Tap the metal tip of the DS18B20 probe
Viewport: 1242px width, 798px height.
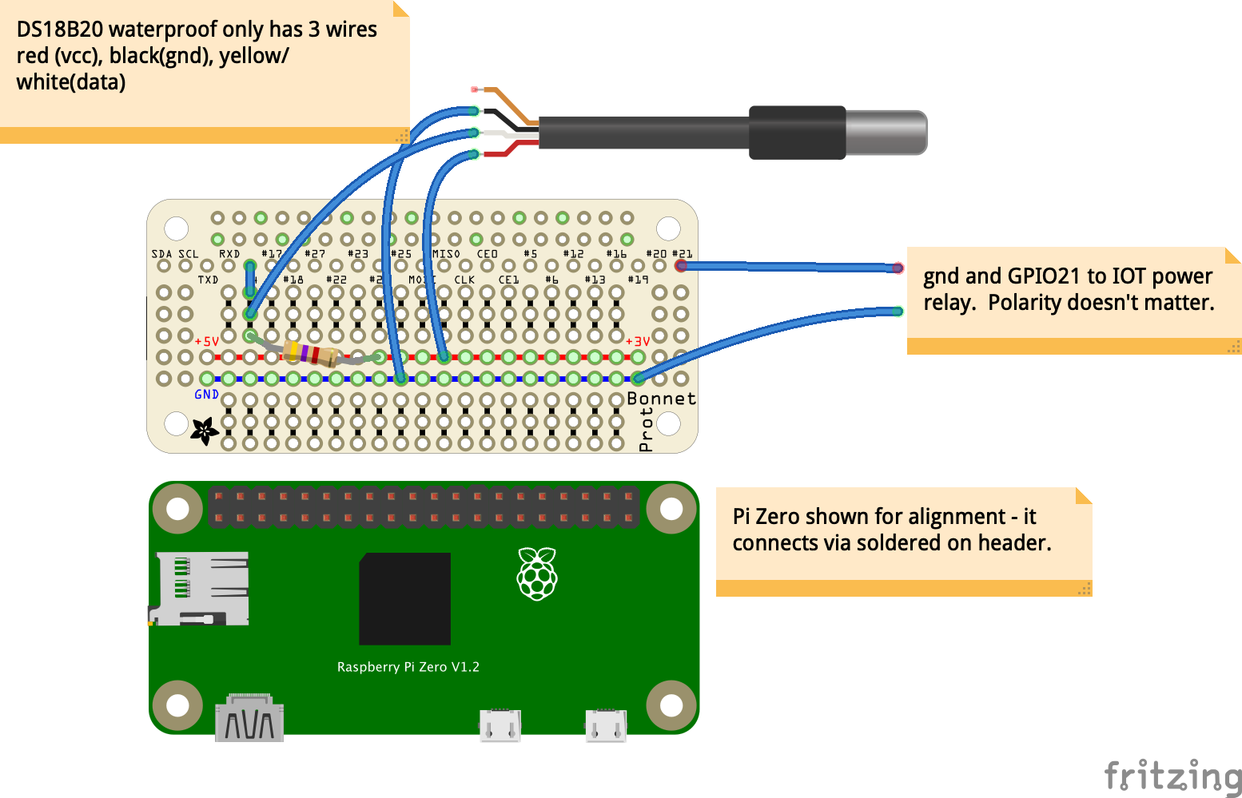pyautogui.click(x=886, y=133)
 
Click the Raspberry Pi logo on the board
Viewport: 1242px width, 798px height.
pyautogui.click(x=537, y=574)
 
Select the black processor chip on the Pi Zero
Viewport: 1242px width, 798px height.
pyautogui.click(x=405, y=598)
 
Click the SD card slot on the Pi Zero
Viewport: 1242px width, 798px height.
pyautogui.click(x=200, y=588)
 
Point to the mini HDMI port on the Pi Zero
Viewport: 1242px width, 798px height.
pyautogui.click(x=249, y=718)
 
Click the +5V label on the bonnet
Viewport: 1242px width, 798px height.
pyautogui.click(x=207, y=341)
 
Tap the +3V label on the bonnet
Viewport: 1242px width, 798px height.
pyautogui.click(x=638, y=341)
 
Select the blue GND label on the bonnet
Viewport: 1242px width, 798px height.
pyautogui.click(x=206, y=395)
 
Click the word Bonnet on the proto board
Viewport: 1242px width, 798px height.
pyautogui.click(x=661, y=399)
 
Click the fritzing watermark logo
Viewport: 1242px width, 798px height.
pyautogui.click(x=1172, y=776)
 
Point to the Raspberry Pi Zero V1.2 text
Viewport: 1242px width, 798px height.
pyautogui.click(x=408, y=667)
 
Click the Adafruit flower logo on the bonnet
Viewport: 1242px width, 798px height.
pyautogui.click(x=204, y=431)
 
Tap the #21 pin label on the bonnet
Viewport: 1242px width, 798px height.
pyautogui.click(x=682, y=254)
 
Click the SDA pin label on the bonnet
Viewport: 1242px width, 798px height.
pyautogui.click(x=161, y=254)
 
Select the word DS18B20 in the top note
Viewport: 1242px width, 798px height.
pyautogui.click(x=60, y=30)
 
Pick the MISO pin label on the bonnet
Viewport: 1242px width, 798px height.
pyautogui.click(x=446, y=254)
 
